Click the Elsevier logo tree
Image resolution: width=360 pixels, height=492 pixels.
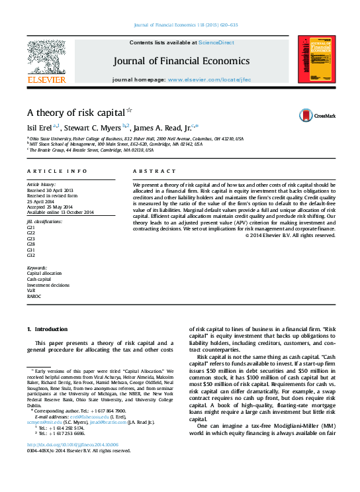pyautogui.click(x=46, y=56)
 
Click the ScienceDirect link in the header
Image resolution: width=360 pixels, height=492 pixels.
pyautogui.click(x=217, y=42)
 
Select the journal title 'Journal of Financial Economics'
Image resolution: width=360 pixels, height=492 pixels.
pyautogui.click(x=182, y=61)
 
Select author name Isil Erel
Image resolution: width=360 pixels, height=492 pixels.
pyautogui.click(x=38, y=128)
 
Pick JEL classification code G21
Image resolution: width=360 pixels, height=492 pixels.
pyautogui.click(x=31, y=227)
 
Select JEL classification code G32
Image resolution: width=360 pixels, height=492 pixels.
pyautogui.click(x=31, y=255)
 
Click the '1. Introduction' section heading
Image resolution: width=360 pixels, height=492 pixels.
pyautogui.click(x=47, y=329)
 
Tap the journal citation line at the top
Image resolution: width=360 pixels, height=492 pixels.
pyautogui.click(x=185, y=25)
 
